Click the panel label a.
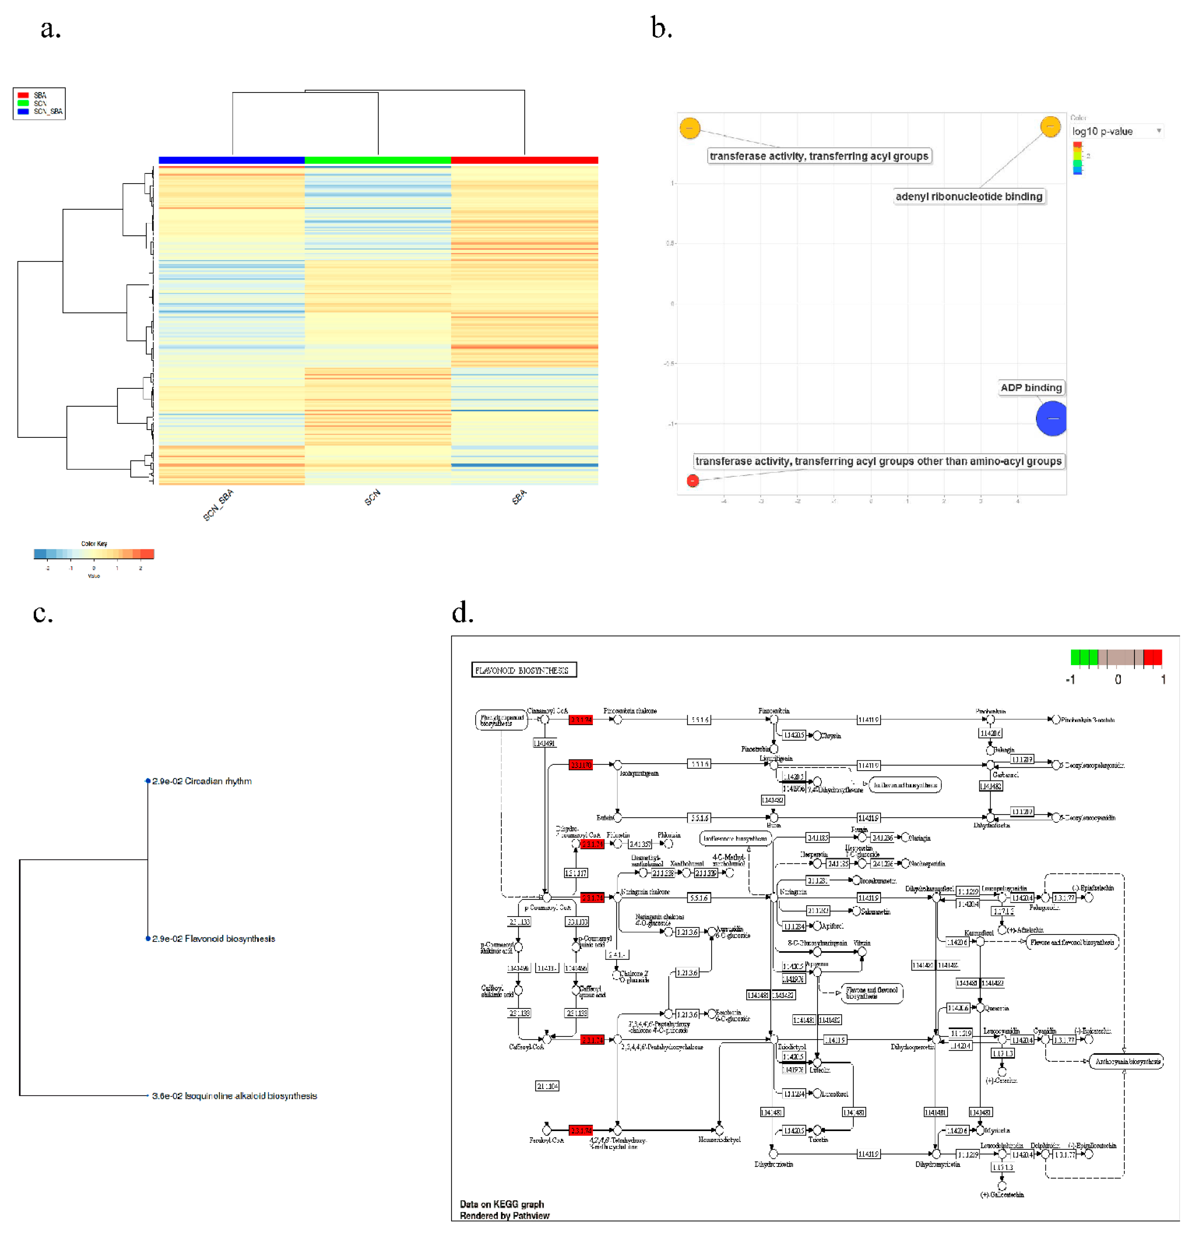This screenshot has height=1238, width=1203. (50, 29)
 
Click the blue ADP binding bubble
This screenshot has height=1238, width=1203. (1051, 418)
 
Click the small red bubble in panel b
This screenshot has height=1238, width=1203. (692, 481)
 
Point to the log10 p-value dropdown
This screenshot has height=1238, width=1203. (1116, 131)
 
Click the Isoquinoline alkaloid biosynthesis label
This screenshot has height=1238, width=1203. (234, 1096)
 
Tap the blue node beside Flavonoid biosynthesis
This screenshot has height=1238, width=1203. (148, 938)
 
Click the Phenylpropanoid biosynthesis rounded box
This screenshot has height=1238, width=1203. (501, 720)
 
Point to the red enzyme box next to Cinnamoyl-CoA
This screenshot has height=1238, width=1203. (580, 720)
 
